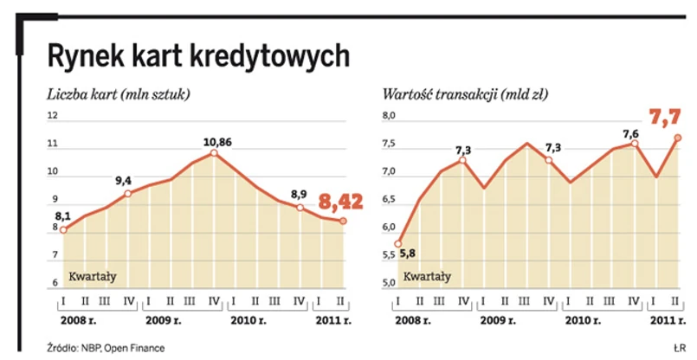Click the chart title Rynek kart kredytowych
point(198,56)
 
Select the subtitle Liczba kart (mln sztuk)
point(119,94)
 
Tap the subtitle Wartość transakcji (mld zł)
point(464,94)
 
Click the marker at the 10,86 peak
point(213,153)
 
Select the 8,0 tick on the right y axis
point(389,116)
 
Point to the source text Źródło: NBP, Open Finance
point(105,348)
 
